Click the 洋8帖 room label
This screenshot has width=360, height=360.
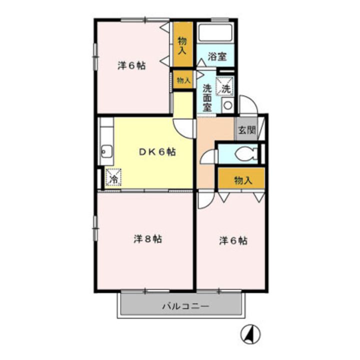(147, 239)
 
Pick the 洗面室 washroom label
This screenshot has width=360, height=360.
(207, 97)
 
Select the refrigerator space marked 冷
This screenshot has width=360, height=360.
(113, 177)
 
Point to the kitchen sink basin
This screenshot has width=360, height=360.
(106, 149)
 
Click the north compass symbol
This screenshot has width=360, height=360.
(252, 333)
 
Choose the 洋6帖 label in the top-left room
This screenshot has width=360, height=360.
(131, 65)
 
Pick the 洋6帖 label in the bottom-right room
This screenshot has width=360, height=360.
(233, 241)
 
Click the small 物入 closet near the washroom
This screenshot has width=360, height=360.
(182, 79)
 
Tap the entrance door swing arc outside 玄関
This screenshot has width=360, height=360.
(248, 104)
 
